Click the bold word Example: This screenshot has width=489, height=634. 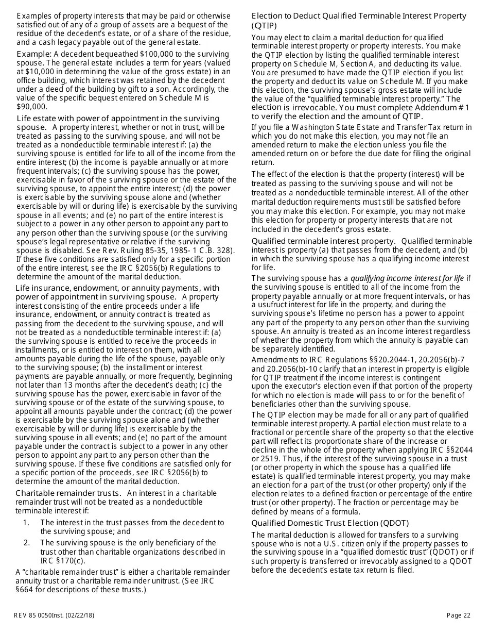click(34, 54)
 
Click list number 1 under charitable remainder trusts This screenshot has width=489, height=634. click(26, 523)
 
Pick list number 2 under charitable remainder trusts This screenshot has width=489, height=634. click(26, 543)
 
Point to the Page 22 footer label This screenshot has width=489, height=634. click(459, 615)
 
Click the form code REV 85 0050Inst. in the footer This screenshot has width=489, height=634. click(44, 615)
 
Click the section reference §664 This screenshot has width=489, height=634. click(26, 590)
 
